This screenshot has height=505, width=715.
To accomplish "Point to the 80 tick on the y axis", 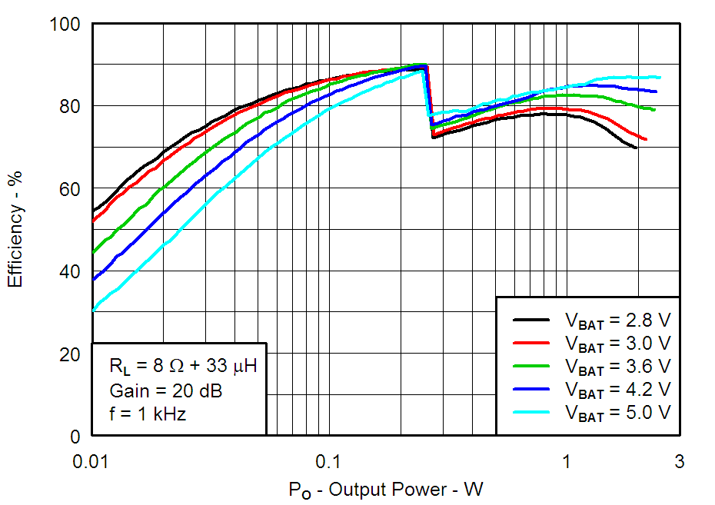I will point(69,106).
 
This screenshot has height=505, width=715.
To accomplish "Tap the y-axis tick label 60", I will point(69,189).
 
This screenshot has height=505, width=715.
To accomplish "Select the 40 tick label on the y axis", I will point(69,272).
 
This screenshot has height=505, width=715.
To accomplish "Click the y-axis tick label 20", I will point(69,354).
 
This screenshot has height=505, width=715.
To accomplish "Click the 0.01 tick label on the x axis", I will point(92,461).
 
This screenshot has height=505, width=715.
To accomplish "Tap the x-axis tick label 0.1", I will point(328,461).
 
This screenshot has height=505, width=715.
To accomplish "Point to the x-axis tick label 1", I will point(567,461).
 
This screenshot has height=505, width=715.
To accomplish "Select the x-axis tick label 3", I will point(679,461).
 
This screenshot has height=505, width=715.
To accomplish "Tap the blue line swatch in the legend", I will point(531,389).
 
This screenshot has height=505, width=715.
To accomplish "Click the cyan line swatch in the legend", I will point(531,412).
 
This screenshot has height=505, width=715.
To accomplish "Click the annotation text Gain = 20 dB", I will point(165,391).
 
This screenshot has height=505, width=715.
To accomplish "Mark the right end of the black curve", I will point(636,148).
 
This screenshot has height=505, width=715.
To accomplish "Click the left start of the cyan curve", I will point(93,311).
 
